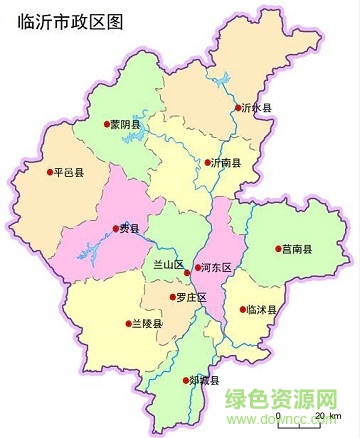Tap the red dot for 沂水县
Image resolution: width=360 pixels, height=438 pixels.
coord(238,108)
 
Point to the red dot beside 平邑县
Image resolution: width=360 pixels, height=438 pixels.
coord(50,172)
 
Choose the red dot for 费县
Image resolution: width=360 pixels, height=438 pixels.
coord(116,228)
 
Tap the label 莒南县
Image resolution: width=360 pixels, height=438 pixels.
coord(298,249)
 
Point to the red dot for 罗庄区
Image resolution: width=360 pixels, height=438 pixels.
coord(173,297)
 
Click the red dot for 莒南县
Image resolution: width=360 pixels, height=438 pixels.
coord(277,249)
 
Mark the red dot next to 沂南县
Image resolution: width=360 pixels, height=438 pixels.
coord(205,162)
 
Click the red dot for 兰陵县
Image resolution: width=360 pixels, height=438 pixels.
coord(126,323)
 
